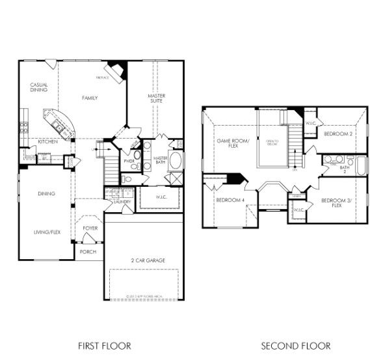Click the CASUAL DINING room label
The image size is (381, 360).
click(39, 88)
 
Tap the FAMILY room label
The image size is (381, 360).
click(90, 98)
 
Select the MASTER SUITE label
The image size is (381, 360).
click(156, 99)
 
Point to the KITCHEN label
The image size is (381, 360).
click(47, 142)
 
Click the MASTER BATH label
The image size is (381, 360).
click(161, 160)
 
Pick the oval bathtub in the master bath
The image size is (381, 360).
click(176, 160)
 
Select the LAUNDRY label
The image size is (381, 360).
click(122, 202)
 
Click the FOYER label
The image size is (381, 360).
click(90, 228)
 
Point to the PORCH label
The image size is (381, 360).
click(88, 251)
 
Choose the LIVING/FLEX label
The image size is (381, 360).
click(47, 232)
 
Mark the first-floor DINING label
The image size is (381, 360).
click(46, 193)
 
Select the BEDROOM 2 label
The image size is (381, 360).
click(337, 134)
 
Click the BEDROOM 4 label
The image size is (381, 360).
click(230, 200)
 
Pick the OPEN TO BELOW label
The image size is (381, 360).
click(272, 143)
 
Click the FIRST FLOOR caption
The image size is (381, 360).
click(104, 346)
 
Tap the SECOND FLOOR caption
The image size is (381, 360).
click(296, 346)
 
